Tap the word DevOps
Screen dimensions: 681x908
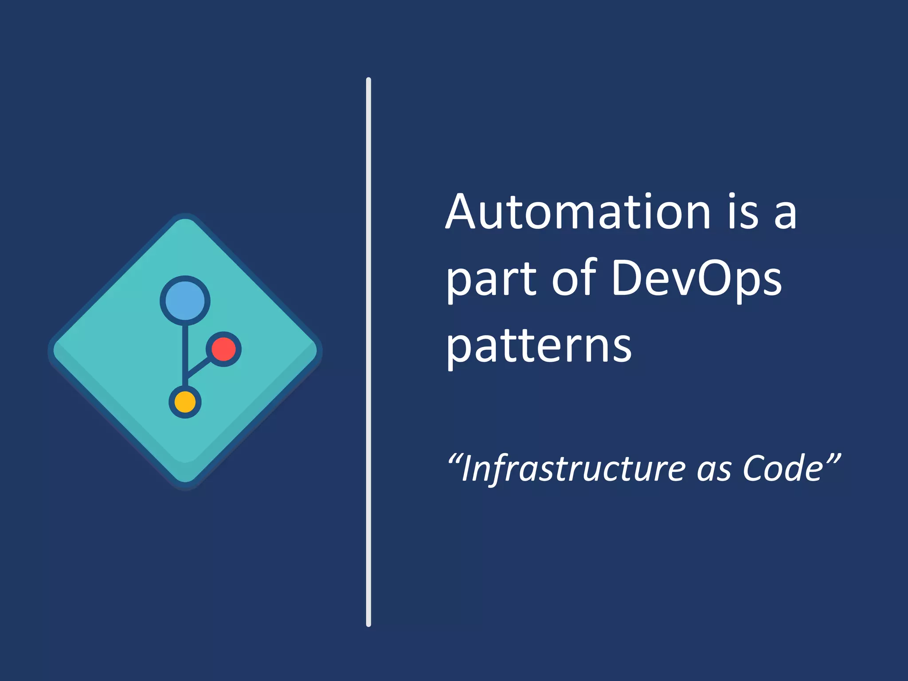[697, 279]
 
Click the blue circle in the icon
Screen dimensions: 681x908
[185, 301]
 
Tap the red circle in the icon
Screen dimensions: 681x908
[223, 349]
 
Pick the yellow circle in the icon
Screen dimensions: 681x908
[185, 402]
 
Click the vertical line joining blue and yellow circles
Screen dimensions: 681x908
[185, 355]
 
